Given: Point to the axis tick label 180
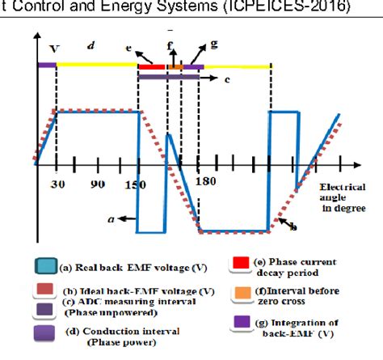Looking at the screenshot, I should pos(206,182).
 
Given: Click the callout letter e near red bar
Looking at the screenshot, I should pos(129,49).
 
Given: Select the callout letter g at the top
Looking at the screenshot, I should pos(213,41).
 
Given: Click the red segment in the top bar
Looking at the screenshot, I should pos(150,66).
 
